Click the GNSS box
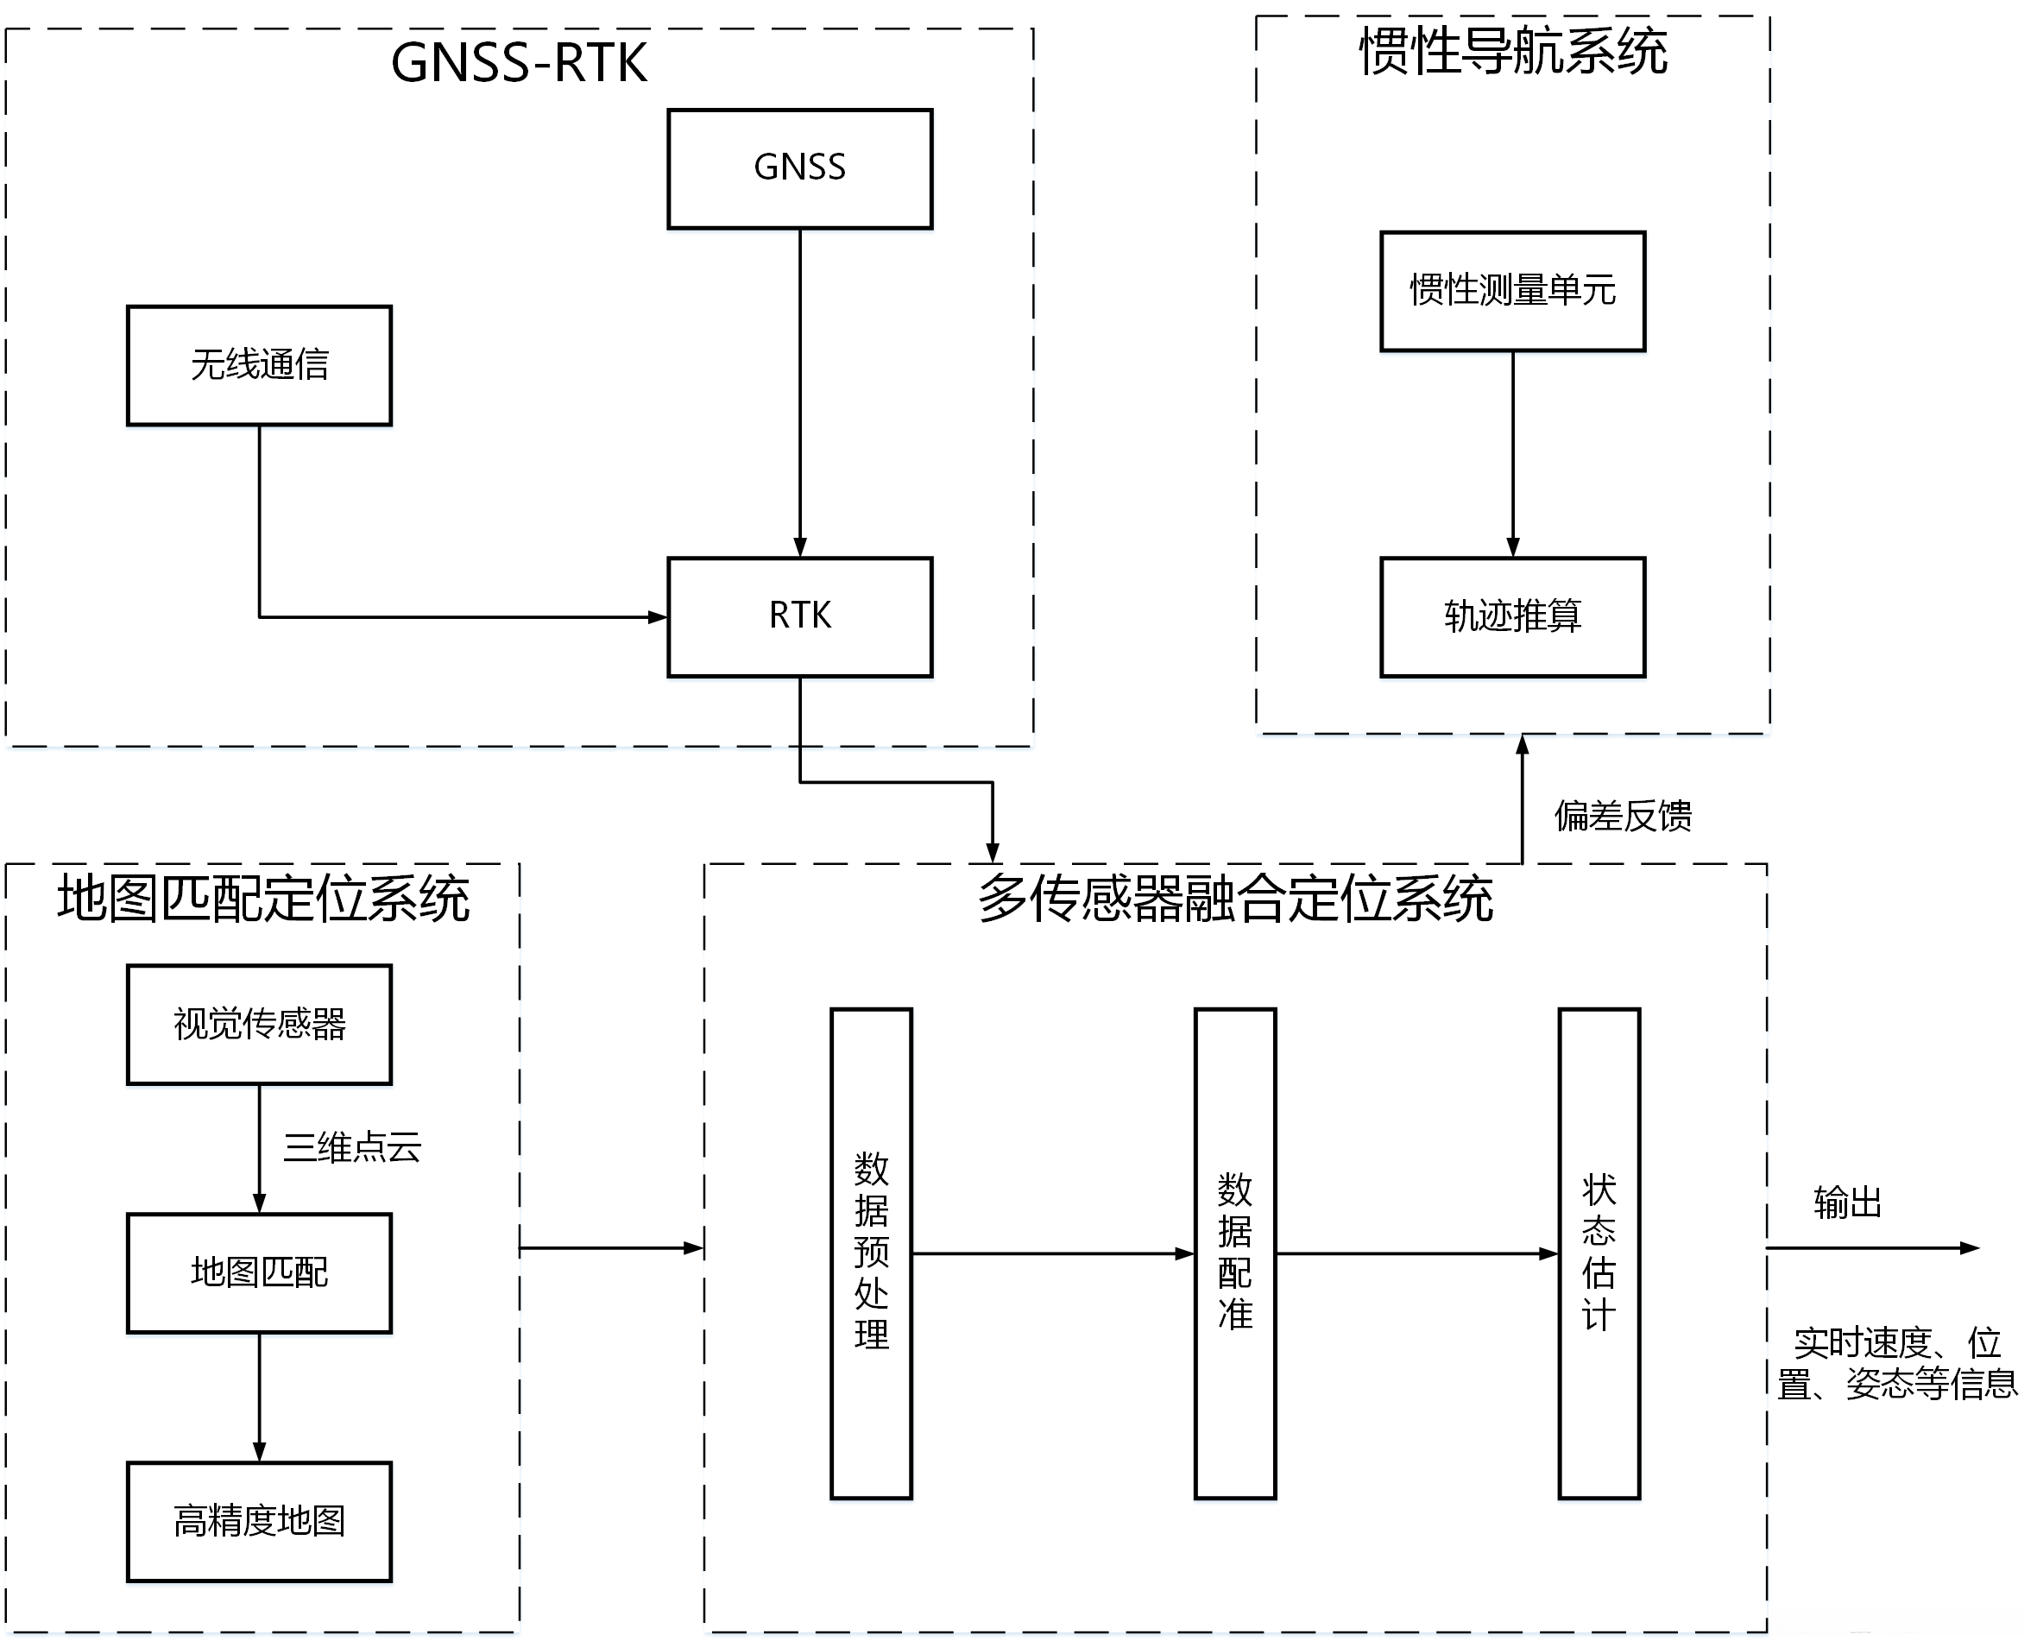pos(799,168)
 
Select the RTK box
pos(799,616)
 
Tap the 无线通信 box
pos(259,365)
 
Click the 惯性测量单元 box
pos(1512,291)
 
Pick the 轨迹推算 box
pos(1512,616)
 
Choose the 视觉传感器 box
pos(259,1024)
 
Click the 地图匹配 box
pos(259,1272)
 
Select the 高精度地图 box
pos(259,1521)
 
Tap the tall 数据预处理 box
pos(871,1253)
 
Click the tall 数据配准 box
pos(1234,1253)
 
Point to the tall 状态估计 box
pos(1599,1253)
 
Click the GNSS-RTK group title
pos(519,63)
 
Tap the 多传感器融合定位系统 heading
pos(1234,898)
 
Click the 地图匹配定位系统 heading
pos(262,898)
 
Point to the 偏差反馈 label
pos(1622,816)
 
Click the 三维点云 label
pos(351,1147)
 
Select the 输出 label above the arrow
pos(1847,1203)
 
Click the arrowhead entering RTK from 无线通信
pos(658,617)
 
